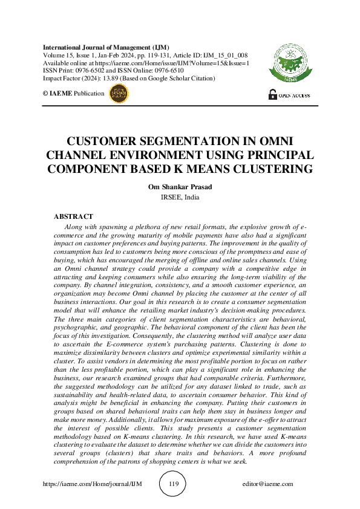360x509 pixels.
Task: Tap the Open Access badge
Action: [289, 95]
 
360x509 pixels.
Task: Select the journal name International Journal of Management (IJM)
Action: [106, 47]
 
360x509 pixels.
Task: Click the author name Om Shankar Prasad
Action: [180, 187]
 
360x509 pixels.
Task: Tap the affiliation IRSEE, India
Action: [180, 197]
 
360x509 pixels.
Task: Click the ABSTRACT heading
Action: [74, 216]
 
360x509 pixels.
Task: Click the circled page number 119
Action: [174, 484]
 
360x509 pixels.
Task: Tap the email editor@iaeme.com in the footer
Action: [267, 484]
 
